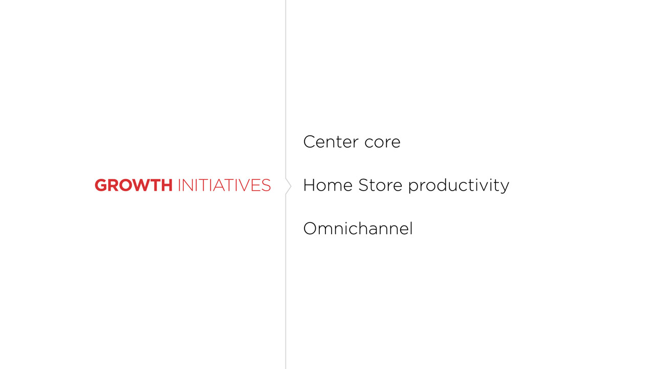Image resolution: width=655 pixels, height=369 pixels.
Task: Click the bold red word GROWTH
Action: tap(134, 185)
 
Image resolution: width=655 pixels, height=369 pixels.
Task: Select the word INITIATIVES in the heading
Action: tap(224, 185)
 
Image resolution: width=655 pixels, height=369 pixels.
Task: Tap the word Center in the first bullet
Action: tap(331, 142)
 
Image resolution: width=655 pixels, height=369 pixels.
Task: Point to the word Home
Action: tap(328, 185)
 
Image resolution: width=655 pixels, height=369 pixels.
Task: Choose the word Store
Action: tap(380, 185)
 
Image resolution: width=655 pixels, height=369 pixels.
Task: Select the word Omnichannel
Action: tap(358, 229)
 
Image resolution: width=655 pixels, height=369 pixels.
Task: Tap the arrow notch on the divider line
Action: tap(290, 186)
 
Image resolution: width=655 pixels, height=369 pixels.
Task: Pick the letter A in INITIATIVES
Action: tap(220, 185)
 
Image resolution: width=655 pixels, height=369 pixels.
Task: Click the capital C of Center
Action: tap(310, 142)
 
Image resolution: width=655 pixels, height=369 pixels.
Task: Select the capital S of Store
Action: tap(363, 185)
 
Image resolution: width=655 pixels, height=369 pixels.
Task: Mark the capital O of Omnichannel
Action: tap(310, 229)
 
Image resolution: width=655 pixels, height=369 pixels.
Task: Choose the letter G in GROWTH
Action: tap(101, 185)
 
